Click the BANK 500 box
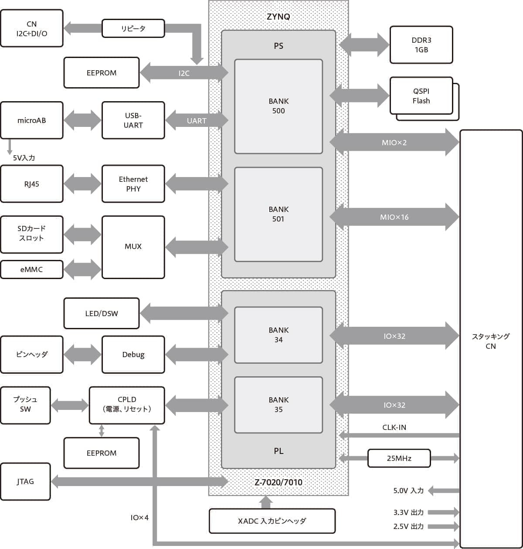tap(278, 106)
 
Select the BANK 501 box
tap(278, 214)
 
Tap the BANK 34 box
tap(278, 335)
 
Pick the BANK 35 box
tap(278, 405)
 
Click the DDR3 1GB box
tap(421, 45)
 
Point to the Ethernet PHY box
tap(133, 184)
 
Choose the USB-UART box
tap(133, 120)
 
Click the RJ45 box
tap(31, 184)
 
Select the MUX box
tap(133, 247)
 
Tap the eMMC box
tap(31, 269)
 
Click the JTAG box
tap(25, 481)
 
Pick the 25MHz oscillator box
tap(399, 458)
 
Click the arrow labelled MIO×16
tap(394, 217)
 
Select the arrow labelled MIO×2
tap(394, 143)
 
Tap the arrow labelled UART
tap(197, 121)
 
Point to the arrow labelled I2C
tap(184, 73)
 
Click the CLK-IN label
tap(394, 427)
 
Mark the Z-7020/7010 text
tap(278, 482)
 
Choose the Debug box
tap(133, 355)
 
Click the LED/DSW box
tap(101, 314)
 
